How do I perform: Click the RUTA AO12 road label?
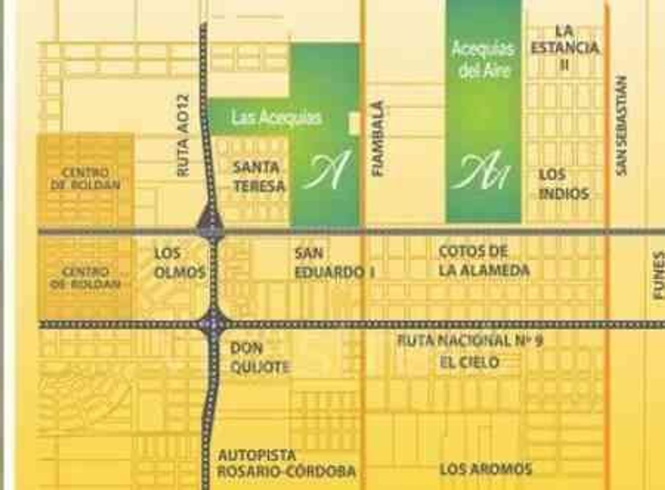[183, 135]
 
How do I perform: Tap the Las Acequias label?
[276, 118]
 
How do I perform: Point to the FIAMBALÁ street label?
[378, 138]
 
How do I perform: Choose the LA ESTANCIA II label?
[565, 48]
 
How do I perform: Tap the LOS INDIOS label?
[564, 184]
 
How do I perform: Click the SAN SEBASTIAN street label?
[621, 125]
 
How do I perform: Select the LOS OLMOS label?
[179, 263]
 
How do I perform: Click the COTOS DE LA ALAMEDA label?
[484, 261]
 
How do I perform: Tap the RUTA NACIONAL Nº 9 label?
[470, 340]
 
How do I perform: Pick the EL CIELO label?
[470, 362]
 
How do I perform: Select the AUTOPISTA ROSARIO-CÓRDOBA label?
[286, 463]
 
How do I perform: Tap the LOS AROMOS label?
[486, 469]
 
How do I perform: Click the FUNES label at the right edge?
[658, 275]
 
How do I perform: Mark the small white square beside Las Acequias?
[354, 123]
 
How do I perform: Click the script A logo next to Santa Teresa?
[327, 171]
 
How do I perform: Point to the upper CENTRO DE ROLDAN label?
[85, 178]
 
